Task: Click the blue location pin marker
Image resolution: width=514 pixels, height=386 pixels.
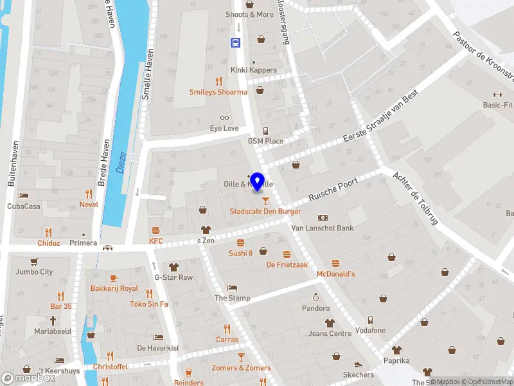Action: [258, 181]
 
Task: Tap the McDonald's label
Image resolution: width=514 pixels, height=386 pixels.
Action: [335, 274]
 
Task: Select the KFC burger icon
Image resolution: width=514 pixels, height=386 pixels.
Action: [155, 230]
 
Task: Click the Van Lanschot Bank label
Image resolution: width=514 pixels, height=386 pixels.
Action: [323, 228]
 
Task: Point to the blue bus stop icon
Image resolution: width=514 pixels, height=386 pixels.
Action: [236, 42]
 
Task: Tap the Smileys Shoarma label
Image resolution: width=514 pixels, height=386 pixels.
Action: [218, 92]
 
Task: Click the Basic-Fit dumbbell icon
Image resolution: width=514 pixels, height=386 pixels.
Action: [497, 94]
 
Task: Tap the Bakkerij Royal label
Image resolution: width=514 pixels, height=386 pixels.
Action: [114, 289]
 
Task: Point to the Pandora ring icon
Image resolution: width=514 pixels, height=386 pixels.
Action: [315, 297]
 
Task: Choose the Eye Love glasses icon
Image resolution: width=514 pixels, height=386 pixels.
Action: [224, 118]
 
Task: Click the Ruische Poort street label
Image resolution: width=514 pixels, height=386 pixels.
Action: [332, 188]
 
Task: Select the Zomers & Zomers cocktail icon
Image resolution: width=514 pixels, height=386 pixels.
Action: [241, 356]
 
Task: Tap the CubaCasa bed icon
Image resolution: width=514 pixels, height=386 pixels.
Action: [24, 196]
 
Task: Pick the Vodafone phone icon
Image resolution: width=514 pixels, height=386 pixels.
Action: [370, 320]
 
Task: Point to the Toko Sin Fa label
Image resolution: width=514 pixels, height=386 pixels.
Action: [149, 304]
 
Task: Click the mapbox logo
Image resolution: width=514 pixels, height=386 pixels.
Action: [28, 378]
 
